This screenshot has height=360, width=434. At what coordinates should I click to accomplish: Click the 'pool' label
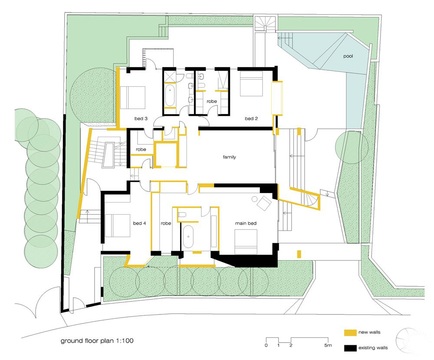(348, 56)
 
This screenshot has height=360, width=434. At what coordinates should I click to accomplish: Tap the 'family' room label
(230, 157)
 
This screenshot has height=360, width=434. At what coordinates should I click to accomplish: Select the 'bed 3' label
(141, 118)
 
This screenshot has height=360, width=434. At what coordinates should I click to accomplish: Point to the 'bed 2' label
(251, 118)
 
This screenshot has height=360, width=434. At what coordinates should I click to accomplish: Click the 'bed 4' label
(139, 223)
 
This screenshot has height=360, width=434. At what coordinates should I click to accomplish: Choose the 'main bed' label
(246, 223)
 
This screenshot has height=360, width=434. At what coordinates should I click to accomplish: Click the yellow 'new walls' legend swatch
(350, 333)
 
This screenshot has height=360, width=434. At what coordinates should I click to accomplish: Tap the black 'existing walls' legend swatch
(350, 348)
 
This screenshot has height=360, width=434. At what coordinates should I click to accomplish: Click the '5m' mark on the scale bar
(328, 345)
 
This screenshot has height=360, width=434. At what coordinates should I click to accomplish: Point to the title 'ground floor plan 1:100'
(97, 340)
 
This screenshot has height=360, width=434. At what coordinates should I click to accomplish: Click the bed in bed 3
(132, 98)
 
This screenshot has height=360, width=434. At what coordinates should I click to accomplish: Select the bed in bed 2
(251, 84)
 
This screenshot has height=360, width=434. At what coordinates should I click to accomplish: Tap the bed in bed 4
(117, 226)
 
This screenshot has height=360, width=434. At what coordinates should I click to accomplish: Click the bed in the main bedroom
(246, 242)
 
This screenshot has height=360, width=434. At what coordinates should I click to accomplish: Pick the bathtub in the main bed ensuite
(188, 236)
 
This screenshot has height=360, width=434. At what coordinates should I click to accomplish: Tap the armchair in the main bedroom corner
(264, 203)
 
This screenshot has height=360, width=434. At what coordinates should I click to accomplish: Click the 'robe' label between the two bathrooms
(212, 101)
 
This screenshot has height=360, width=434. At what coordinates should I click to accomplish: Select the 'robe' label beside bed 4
(166, 223)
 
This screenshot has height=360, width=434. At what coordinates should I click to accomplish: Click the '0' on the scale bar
(266, 345)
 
